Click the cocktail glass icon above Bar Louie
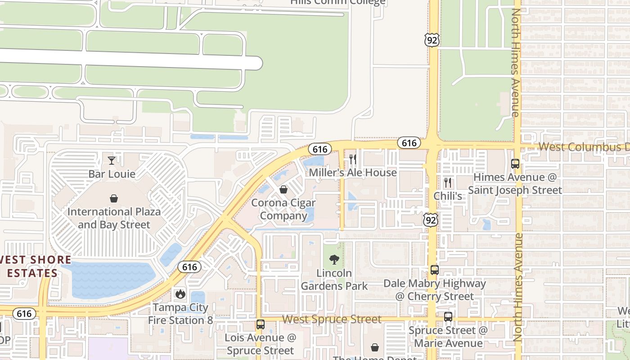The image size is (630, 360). point(112,160)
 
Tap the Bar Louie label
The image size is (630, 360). point(112,174)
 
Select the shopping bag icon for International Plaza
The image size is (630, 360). point(114,198)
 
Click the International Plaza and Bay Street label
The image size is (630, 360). point(114,218)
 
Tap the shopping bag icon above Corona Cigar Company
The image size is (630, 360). point(283,189)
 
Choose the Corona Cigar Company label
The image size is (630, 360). point(283,209)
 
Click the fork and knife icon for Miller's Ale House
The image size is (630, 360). point(353,159)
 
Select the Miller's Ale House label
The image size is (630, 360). point(353,172)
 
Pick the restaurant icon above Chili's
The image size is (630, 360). point(447,183)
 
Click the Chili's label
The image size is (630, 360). point(448,196)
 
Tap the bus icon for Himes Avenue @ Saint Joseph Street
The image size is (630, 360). point(515,164)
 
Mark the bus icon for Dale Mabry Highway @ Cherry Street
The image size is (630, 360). point(435,270)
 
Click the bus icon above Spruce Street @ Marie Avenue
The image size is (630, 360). point(448,316)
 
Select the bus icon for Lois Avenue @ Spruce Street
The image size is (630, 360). point(260,324)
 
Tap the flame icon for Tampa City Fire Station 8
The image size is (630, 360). point(180,294)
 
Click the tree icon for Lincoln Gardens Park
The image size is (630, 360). point(334,259)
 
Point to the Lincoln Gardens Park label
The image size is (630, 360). point(334,279)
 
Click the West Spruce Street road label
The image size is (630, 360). point(332,319)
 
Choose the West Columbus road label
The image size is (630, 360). point(583,147)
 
